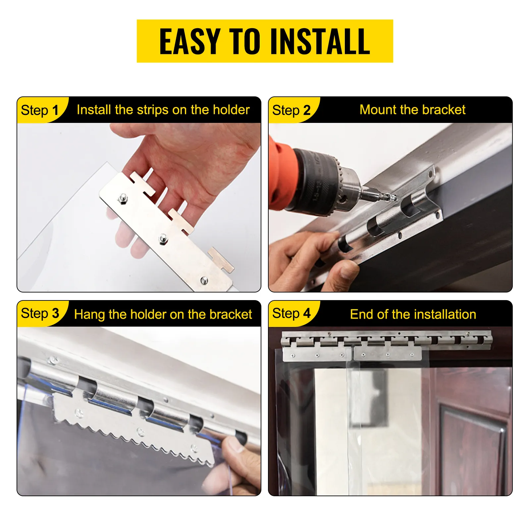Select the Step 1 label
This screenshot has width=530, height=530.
(39, 110)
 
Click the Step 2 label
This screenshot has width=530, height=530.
(291, 110)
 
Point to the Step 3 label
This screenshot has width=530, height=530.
(40, 313)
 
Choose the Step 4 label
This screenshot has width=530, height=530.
(291, 313)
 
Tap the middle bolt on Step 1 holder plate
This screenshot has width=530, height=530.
(163, 238)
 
